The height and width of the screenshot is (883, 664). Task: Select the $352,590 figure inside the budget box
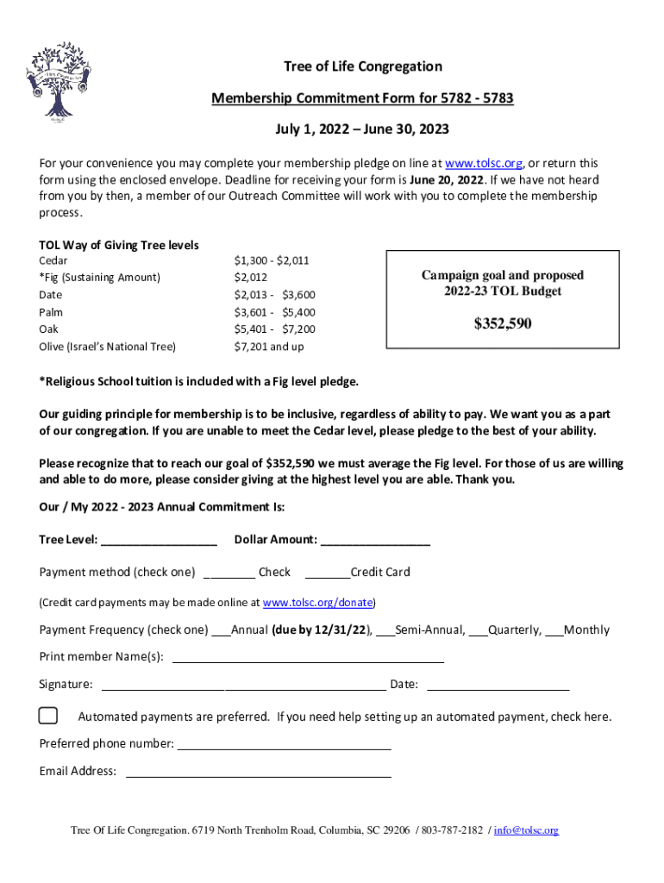(503, 324)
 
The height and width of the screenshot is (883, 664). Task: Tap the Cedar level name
(53, 260)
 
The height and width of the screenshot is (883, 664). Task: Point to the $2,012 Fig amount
(251, 278)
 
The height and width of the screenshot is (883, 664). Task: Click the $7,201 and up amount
(269, 347)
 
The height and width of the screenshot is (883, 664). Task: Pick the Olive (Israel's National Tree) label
(107, 347)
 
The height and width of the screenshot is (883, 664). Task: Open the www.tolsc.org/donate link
(317, 603)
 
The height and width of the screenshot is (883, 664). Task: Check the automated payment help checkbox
(48, 716)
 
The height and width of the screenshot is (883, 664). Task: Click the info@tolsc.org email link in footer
(526, 830)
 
